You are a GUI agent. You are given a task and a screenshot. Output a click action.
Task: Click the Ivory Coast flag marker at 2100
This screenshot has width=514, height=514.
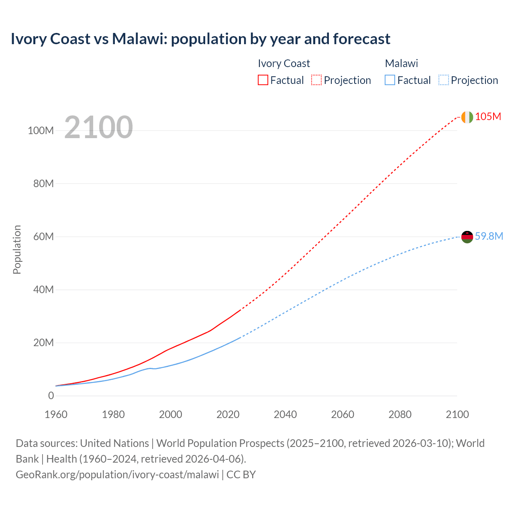[x=467, y=117]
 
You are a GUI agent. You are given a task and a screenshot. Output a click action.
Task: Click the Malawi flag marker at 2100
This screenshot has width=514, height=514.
[x=467, y=237]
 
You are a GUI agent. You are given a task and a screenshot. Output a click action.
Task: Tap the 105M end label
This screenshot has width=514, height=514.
[x=488, y=116]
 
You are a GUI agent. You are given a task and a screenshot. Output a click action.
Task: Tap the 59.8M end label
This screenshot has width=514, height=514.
[x=489, y=236]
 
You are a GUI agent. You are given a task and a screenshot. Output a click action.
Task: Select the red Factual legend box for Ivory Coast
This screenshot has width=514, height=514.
[x=263, y=80]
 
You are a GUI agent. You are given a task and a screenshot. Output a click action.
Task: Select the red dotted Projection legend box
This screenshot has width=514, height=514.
[x=316, y=80]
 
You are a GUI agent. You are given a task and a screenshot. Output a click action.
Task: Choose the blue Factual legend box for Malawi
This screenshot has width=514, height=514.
[x=390, y=80]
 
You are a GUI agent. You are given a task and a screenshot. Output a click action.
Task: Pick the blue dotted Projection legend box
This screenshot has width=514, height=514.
[x=444, y=80]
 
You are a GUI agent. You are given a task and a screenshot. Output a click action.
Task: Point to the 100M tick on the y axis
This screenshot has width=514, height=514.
[x=41, y=131]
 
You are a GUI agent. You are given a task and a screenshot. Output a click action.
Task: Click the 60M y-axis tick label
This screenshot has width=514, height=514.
[x=43, y=237]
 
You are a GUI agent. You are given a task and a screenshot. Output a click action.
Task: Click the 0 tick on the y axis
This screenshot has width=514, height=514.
[x=51, y=396]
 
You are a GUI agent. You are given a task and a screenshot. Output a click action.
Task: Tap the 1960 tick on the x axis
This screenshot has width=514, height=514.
[x=56, y=414]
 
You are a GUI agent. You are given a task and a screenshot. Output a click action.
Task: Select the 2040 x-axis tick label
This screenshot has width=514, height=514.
[x=285, y=414]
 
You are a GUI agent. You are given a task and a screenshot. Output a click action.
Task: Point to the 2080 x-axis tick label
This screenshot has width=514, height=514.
[x=400, y=414]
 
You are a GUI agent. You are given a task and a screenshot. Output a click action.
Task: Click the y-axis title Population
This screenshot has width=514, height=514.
[x=17, y=249]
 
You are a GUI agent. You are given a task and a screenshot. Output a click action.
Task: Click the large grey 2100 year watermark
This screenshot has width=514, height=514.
[x=98, y=127]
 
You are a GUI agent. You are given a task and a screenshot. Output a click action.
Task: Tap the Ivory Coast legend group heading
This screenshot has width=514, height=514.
[x=284, y=63]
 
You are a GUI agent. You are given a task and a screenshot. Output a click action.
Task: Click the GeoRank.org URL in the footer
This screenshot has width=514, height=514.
[x=117, y=474]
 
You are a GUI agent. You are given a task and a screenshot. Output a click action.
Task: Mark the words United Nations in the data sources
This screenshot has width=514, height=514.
[x=114, y=443]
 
